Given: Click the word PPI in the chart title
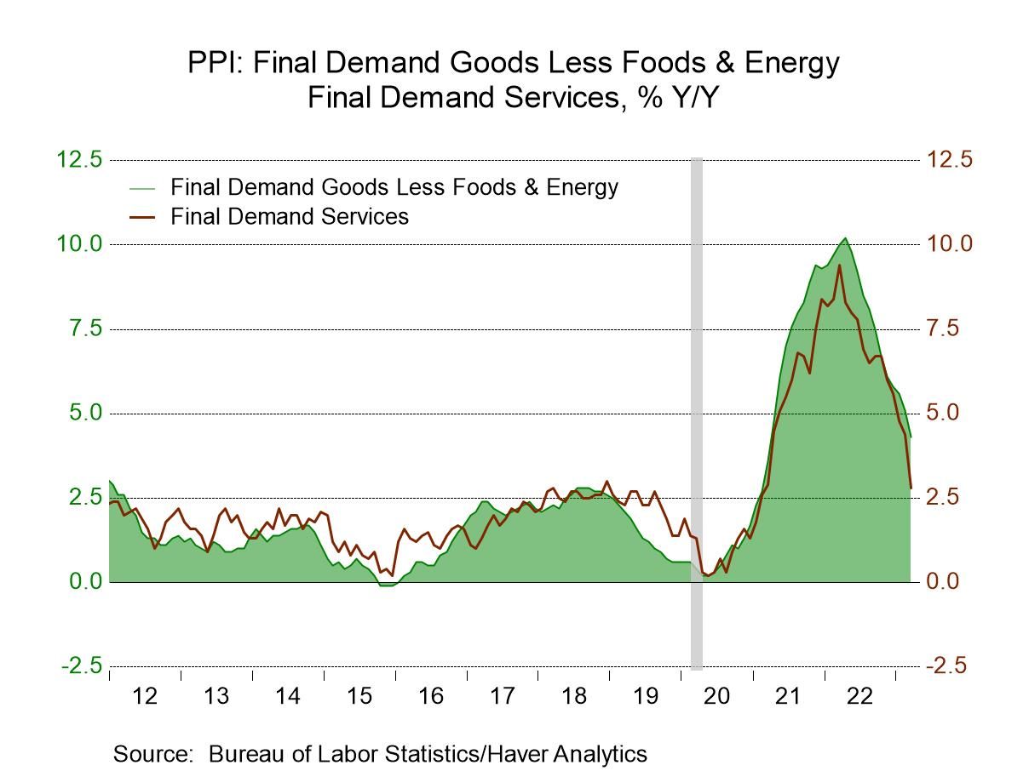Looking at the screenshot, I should (x=212, y=63).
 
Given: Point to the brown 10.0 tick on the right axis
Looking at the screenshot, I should (x=950, y=244).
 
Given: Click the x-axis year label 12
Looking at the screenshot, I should (x=145, y=696).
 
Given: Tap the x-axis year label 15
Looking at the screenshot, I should (x=359, y=696).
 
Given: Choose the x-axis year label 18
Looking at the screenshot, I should (x=574, y=696).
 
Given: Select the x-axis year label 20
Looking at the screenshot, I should (x=716, y=696).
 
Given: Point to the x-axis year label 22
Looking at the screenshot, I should (x=859, y=696).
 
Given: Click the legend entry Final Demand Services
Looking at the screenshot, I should (x=289, y=216).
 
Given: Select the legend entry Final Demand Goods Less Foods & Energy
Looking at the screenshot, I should (x=394, y=186).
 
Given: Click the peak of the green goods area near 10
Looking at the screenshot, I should (x=844, y=238).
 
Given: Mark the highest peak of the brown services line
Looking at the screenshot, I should (x=839, y=266).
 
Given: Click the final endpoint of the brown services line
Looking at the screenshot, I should (x=911, y=488).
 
